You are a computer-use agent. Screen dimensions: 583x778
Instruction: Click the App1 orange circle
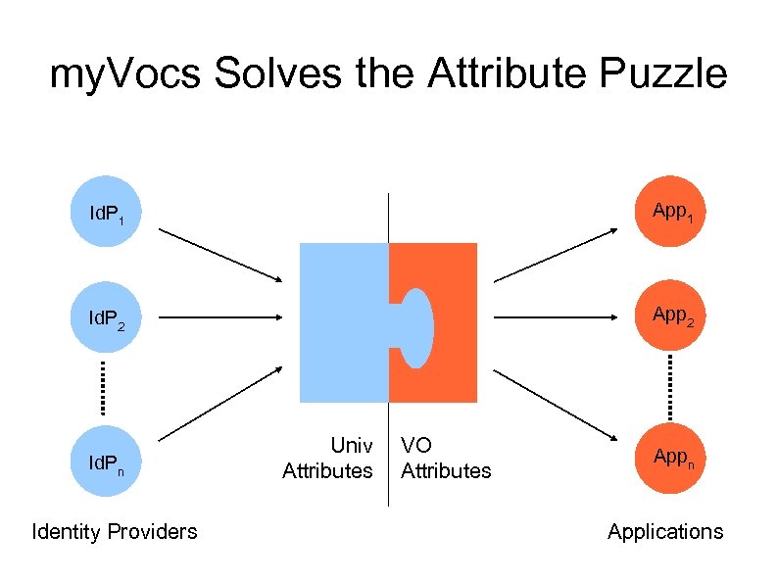(669, 211)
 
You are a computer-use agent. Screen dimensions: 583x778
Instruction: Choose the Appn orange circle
(669, 458)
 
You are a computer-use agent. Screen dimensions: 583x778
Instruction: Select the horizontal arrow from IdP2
(220, 318)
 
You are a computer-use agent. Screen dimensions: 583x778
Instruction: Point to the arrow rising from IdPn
(220, 403)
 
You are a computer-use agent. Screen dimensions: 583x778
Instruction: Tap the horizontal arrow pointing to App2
(555, 318)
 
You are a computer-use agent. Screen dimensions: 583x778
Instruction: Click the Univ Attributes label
(328, 458)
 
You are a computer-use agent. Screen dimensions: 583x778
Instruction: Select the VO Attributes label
(446, 458)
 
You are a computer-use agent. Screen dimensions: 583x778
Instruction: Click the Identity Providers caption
(115, 531)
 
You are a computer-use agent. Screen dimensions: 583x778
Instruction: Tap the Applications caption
(665, 531)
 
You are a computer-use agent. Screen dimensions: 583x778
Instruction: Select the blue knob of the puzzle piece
(415, 328)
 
